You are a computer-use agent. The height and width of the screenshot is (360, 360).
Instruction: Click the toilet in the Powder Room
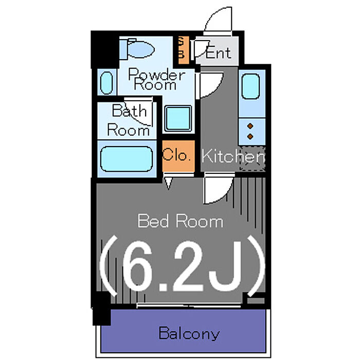[137, 49]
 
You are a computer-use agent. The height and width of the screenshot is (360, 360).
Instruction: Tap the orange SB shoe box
[184, 49]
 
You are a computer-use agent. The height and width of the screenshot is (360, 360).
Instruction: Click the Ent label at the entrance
[218, 53]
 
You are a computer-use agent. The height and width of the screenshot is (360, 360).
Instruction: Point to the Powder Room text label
[156, 79]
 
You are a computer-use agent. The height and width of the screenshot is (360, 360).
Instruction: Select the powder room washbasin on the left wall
[107, 83]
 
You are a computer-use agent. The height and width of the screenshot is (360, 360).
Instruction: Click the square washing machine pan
[178, 118]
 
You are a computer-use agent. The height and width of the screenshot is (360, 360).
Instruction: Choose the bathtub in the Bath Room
[127, 159]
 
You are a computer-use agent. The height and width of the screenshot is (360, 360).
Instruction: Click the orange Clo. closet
[178, 156]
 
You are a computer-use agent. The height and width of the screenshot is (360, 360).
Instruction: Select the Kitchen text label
[233, 156]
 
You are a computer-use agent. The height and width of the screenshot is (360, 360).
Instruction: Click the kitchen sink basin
[251, 86]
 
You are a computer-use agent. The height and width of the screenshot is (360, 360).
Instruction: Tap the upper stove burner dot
[250, 126]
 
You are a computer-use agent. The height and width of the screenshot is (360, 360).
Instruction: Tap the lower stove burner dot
[250, 137]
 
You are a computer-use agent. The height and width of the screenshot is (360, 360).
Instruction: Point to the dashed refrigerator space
[253, 159]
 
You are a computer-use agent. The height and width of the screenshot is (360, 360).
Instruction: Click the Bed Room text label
[181, 221]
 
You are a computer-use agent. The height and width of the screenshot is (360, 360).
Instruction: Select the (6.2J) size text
[183, 267]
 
